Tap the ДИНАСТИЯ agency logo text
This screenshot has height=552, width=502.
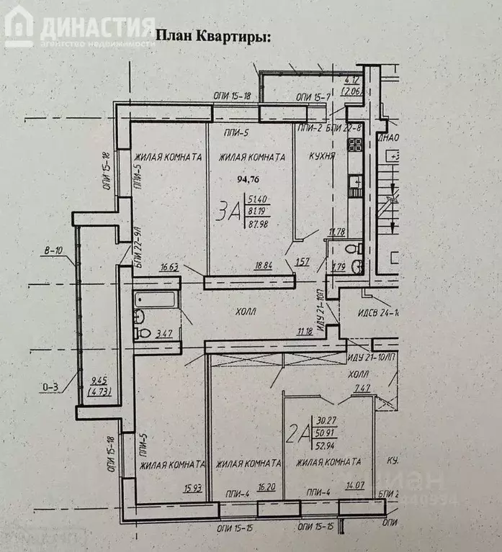pos(98,27)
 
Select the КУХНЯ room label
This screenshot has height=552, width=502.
pos(322,155)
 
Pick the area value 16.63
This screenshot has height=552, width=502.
pos(169,267)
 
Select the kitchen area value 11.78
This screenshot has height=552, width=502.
pos(337,231)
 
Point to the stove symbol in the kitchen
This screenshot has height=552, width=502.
pos(354,144)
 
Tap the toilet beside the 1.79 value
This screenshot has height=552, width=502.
pos(351,249)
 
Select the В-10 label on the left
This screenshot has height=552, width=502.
pos(53,251)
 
